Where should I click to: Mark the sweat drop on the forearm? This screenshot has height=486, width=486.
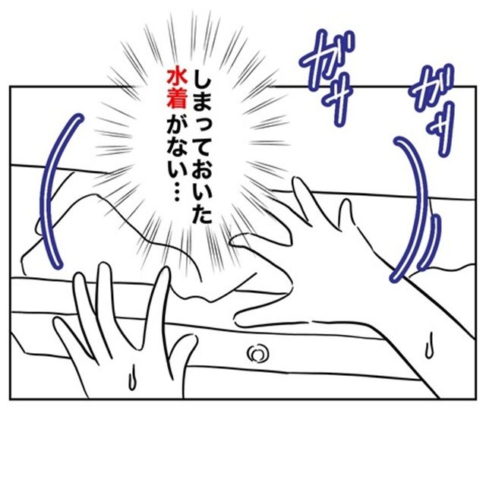(429, 346)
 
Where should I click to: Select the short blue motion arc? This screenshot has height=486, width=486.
(429, 241)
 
